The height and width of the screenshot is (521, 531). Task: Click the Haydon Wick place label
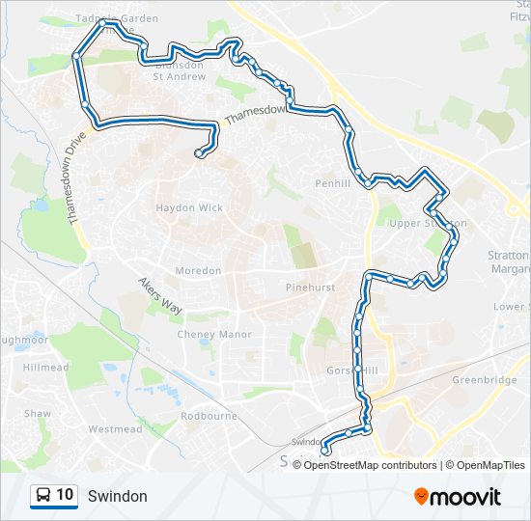189,207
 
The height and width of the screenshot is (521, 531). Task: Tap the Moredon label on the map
199,271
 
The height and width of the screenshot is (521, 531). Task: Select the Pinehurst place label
309,288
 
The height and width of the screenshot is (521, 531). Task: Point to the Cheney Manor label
214,335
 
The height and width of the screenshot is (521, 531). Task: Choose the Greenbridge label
485,380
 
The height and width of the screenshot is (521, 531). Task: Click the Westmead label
115,428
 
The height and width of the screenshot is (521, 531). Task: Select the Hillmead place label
45,368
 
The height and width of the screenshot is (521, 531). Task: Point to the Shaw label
38,413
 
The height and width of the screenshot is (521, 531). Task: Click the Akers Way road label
159,293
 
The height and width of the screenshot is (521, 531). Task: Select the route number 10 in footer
65,495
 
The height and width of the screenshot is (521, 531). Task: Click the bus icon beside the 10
44,495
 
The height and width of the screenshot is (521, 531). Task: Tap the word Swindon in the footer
117,496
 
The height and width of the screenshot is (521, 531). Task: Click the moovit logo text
466,497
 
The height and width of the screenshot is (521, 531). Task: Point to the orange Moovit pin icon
422,497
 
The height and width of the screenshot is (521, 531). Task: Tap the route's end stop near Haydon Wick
199,152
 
